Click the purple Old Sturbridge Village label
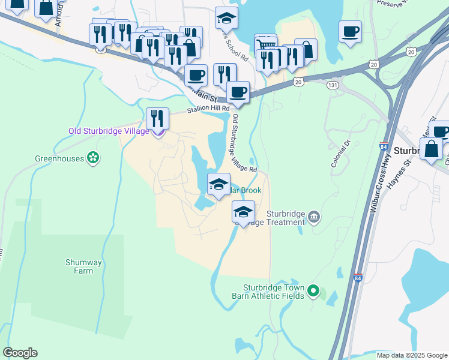pos(108,131)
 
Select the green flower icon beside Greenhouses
pos(93,158)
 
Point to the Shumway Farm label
pos(80,266)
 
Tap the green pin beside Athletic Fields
pos(313,292)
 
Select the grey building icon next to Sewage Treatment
pos(314,217)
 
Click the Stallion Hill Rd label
pos(208,109)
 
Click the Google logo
pos(20,353)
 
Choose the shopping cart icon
pos(265,45)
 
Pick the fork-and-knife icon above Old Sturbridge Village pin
pos(157,117)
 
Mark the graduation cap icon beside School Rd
pos(226,18)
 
